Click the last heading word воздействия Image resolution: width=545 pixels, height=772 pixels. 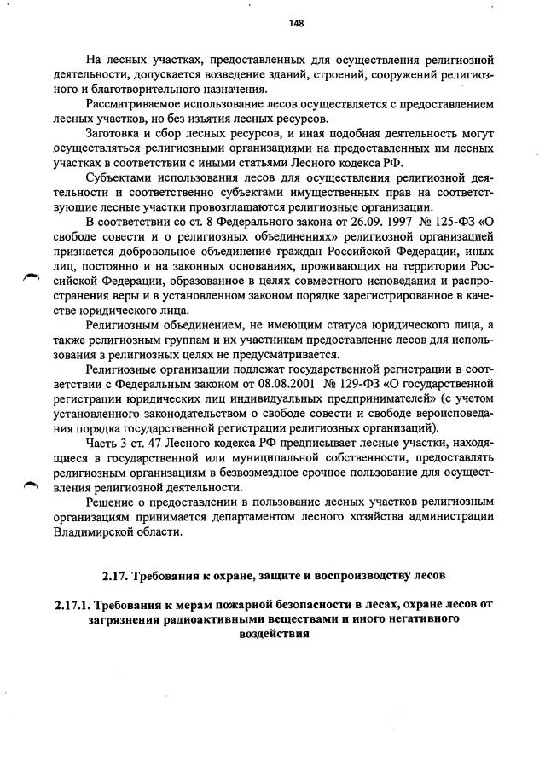271,635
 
